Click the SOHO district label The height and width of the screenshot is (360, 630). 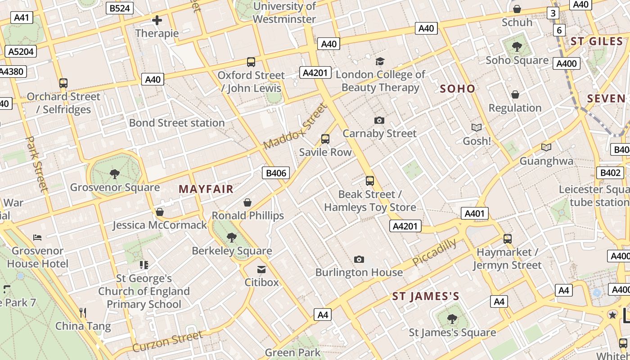click(457, 89)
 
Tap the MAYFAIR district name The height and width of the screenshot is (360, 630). click(206, 189)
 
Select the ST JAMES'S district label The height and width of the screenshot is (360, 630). click(425, 297)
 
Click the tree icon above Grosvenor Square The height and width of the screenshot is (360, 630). click(115, 174)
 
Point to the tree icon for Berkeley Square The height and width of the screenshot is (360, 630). click(232, 237)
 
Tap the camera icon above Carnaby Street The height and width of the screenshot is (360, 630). click(379, 120)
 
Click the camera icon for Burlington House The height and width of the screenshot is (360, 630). click(359, 259)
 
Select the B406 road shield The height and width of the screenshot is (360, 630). click(276, 173)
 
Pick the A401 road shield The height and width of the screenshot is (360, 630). click(474, 213)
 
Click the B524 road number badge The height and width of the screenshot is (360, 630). click(120, 8)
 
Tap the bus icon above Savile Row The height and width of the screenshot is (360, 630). click(325, 139)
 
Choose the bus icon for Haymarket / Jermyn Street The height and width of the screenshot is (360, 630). click(508, 239)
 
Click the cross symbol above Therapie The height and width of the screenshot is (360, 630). click(157, 20)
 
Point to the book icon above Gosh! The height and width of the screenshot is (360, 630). click(477, 128)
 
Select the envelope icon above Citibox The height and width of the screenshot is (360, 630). click(261, 269)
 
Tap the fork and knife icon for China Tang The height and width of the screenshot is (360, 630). click(83, 312)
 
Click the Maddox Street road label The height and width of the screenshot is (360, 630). click(294, 127)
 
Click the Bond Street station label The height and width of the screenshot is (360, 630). click(177, 123)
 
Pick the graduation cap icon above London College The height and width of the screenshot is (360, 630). click(380, 62)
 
